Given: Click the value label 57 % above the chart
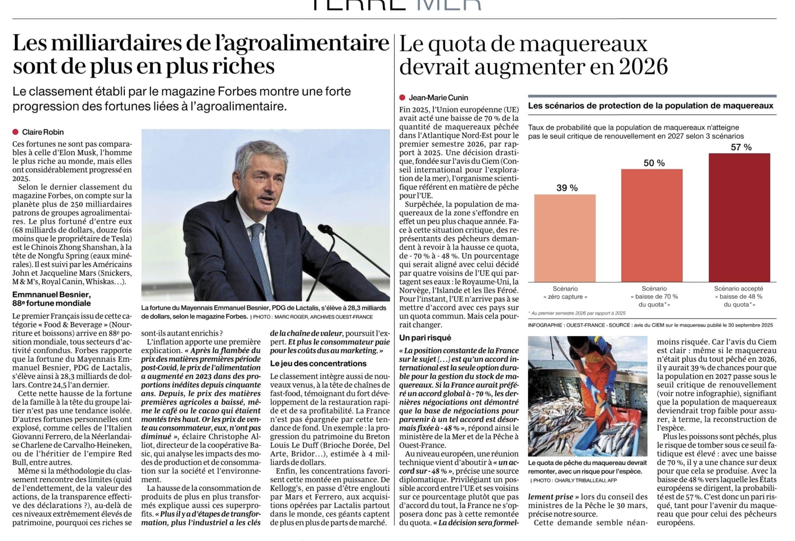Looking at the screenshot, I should coord(741,147).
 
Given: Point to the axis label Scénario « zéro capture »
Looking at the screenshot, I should coord(565,293).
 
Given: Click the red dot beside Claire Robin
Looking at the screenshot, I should coord(15,132).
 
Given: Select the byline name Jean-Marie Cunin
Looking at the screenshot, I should coord(438,98).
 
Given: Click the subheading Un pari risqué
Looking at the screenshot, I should coord(425,338).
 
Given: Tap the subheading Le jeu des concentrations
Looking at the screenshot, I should coord(318,363).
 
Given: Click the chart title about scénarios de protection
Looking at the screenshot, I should coord(650,105).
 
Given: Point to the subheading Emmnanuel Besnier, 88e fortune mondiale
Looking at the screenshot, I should coord(52,299).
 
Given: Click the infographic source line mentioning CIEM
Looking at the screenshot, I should coord(650,325).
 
